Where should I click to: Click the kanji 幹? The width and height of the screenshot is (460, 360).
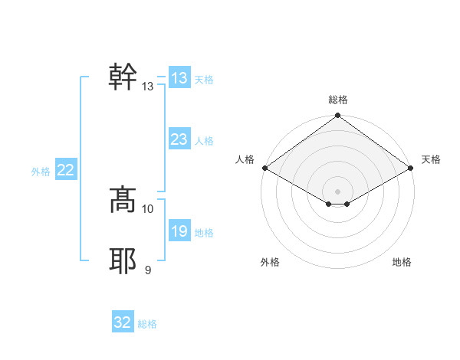coord(123,77)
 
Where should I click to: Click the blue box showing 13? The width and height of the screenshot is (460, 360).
coord(179,78)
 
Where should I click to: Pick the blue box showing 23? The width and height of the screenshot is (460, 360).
coord(179,139)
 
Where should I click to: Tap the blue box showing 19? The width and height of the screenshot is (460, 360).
coord(179,231)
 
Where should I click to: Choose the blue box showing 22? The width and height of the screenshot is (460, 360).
coord(65,170)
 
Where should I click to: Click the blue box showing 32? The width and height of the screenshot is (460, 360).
coord(123,322)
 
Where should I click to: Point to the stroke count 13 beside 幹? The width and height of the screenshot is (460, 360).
coord(148,87)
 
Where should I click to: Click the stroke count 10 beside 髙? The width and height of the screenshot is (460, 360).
coord(148,208)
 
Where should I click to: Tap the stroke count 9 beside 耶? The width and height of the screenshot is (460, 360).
coord(148,270)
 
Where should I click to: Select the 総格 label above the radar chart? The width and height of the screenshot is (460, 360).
coord(338,100)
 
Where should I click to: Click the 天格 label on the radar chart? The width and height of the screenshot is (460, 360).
coord(432,159)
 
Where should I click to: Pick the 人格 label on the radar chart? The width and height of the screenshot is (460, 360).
coord(245,159)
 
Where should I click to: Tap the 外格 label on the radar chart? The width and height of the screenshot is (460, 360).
coord(270,262)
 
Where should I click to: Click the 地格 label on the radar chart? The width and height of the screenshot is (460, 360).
coord(402,262)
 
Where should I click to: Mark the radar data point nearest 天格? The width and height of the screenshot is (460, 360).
coord(412,168)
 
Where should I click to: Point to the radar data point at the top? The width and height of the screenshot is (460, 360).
coord(338,116)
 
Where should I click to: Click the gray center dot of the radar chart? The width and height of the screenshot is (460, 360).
coord(338,191)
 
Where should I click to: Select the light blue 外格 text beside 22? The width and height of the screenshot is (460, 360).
coord(41,172)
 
